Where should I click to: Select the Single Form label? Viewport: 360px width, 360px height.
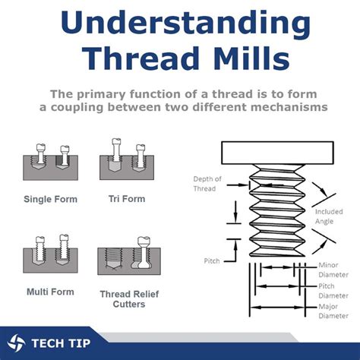click(x=50, y=199)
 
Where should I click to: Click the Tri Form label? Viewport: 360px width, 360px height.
click(x=127, y=199)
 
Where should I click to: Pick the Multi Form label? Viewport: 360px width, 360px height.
click(x=50, y=292)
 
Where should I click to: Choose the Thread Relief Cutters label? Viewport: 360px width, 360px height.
click(x=129, y=299)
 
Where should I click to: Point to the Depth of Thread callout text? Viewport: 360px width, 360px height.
click(x=207, y=184)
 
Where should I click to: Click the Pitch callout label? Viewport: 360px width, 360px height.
click(x=212, y=261)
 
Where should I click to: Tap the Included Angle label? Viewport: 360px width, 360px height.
click(x=329, y=216)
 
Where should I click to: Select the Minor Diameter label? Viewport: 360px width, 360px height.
click(x=333, y=270)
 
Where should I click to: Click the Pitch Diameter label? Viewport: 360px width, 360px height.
click(x=333, y=291)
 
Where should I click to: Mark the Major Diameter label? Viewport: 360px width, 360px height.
click(x=333, y=311)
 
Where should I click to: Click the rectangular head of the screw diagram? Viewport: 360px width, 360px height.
click(x=277, y=153)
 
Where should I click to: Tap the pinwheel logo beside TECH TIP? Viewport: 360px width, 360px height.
click(x=16, y=343)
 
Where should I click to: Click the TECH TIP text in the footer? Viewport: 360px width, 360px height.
click(x=61, y=343)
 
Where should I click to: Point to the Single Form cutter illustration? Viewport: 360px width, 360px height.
click(x=50, y=162)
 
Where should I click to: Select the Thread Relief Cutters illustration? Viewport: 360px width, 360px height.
click(x=129, y=256)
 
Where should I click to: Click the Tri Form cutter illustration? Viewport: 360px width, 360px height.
click(x=127, y=159)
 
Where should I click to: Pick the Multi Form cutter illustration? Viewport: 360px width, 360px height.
click(x=50, y=254)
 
